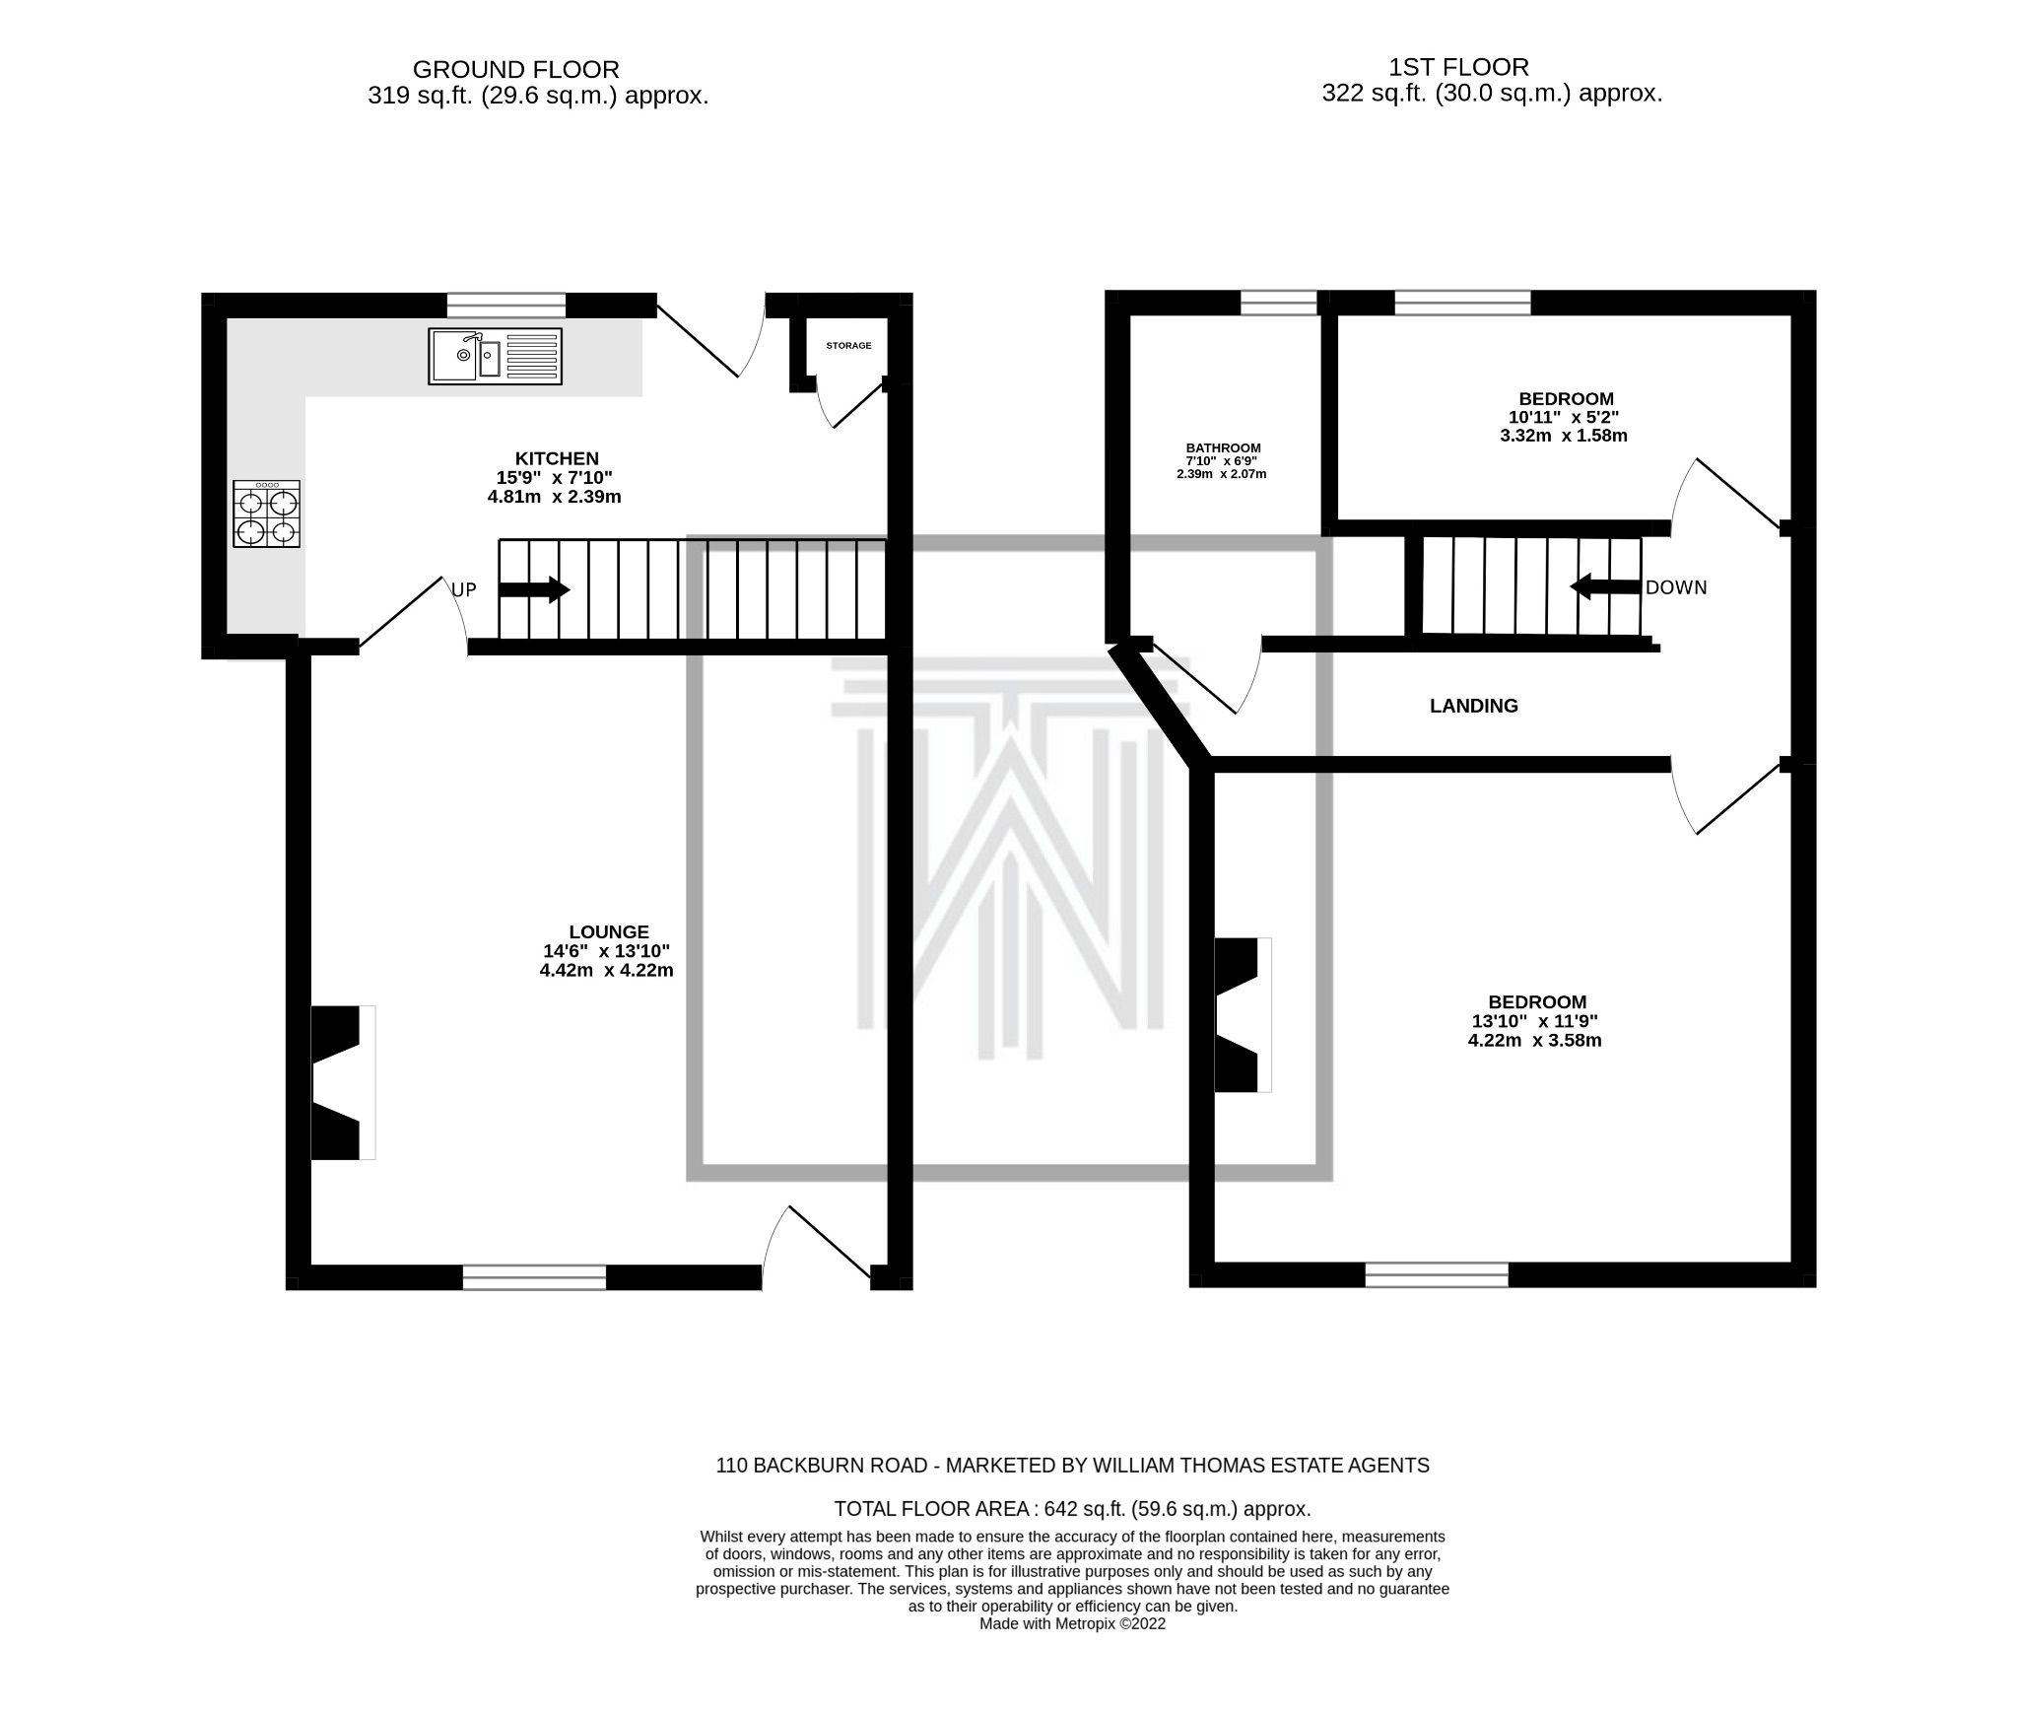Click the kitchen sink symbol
(496, 356)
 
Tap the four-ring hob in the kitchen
(266, 514)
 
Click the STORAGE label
(848, 346)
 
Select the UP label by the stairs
(464, 590)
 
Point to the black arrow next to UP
(534, 590)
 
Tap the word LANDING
(1473, 706)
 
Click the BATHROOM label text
(1223, 447)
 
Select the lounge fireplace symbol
(342, 1082)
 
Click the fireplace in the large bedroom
(1242, 1014)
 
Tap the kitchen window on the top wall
(506, 306)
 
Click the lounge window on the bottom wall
(534, 1277)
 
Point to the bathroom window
(1278, 303)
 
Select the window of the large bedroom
(1436, 1274)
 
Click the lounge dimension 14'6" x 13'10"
(607, 951)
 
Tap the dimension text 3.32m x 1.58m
(1565, 435)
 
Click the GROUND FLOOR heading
(515, 70)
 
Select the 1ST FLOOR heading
(1458, 67)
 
